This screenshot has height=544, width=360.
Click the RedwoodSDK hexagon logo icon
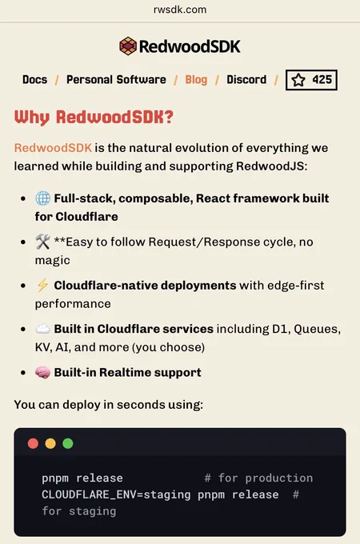tap(128, 46)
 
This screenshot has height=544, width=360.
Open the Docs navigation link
tap(34, 80)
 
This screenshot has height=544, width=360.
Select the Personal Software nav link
tap(116, 80)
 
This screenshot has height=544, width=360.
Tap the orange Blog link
tap(196, 80)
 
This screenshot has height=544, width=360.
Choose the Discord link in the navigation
tap(246, 80)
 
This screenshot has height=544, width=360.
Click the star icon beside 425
tap(298, 80)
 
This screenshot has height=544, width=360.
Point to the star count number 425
tap(322, 80)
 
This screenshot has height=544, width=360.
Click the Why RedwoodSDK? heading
tap(94, 118)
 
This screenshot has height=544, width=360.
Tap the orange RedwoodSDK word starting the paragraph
tap(53, 148)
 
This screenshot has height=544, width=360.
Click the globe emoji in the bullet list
tap(42, 198)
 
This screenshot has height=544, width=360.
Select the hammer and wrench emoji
tap(42, 242)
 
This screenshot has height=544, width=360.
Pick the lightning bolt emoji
tap(42, 285)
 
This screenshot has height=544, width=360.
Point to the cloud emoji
tap(42, 329)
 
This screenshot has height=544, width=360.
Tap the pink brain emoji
tap(42, 373)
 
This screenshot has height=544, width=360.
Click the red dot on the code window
tap(33, 443)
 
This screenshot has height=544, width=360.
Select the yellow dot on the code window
tap(50, 443)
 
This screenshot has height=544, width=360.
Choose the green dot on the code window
tap(68, 443)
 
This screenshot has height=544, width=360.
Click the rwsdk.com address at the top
tap(180, 10)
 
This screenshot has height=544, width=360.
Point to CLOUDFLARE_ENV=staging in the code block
tap(116, 494)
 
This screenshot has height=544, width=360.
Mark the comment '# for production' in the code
tap(258, 478)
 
